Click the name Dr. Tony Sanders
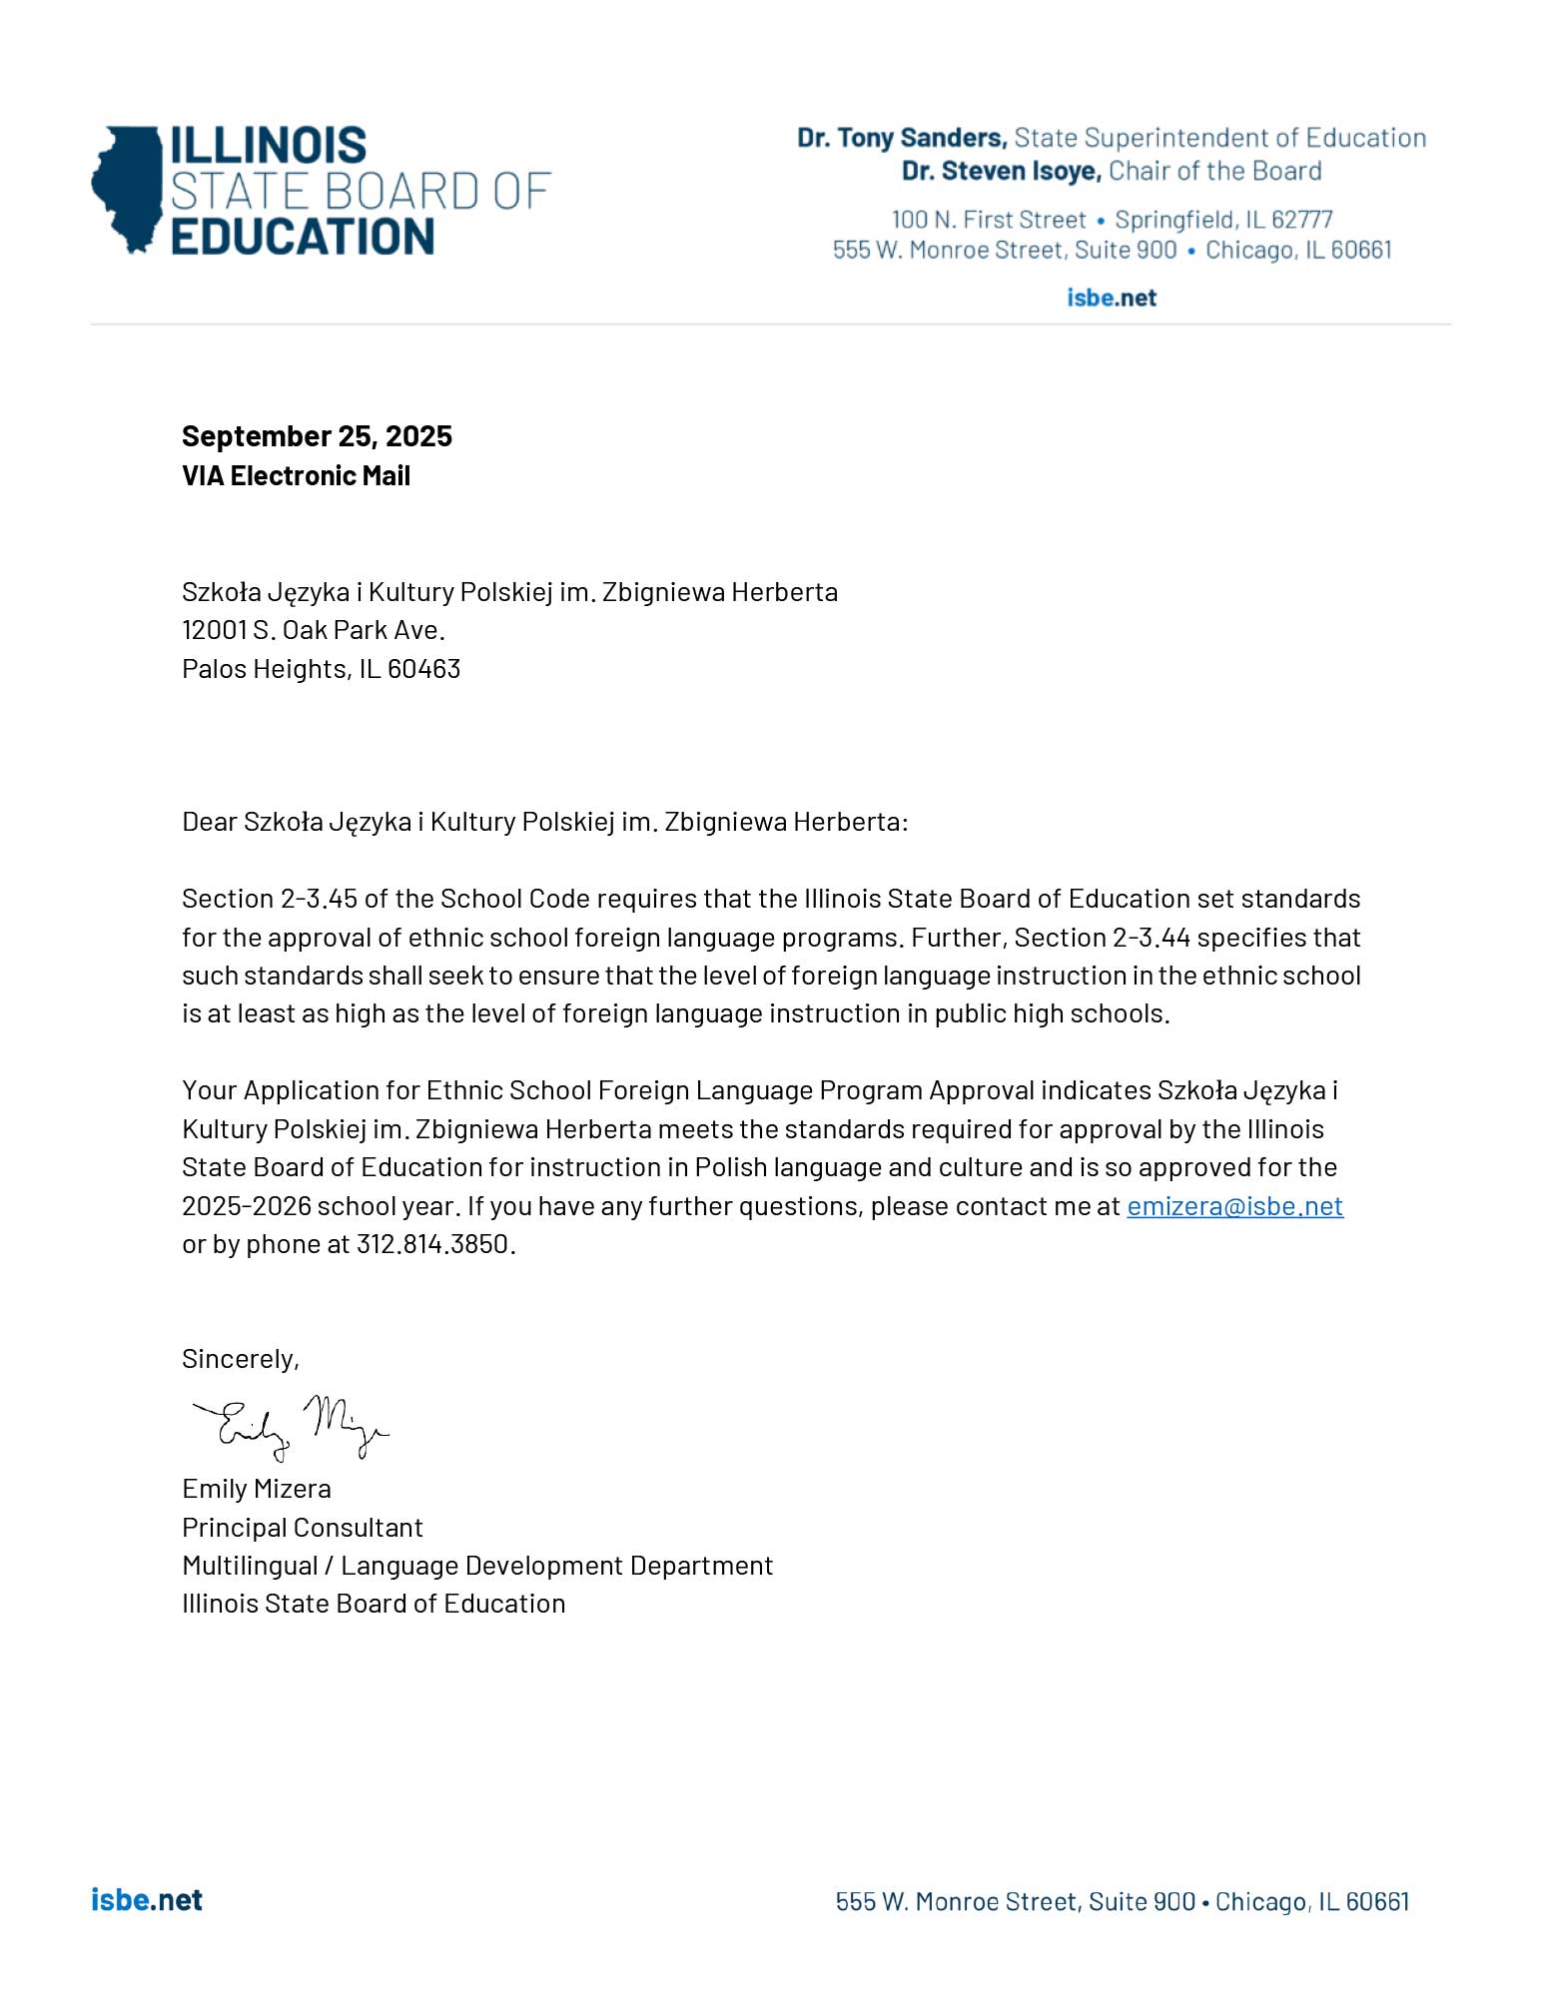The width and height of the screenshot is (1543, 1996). tap(901, 138)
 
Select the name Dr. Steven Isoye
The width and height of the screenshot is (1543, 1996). tap(1001, 172)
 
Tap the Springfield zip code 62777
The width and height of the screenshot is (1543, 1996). tap(1301, 220)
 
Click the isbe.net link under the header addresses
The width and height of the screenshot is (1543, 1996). tap(1111, 298)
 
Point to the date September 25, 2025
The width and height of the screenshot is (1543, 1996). tap(317, 436)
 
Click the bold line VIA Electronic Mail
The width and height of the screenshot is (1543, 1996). tap(296, 476)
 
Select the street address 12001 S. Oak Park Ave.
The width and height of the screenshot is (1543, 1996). tap(313, 630)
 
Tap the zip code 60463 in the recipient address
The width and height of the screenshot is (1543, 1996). tap(423, 669)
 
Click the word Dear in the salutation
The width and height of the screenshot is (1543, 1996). tap(209, 822)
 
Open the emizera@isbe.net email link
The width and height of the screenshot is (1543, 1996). tap(1234, 1206)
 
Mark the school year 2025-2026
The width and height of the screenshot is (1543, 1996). tap(247, 1206)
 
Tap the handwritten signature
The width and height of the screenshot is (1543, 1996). tap(290, 1426)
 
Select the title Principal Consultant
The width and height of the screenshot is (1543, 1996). tap(302, 1528)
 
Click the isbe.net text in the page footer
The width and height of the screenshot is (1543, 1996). tap(147, 1900)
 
